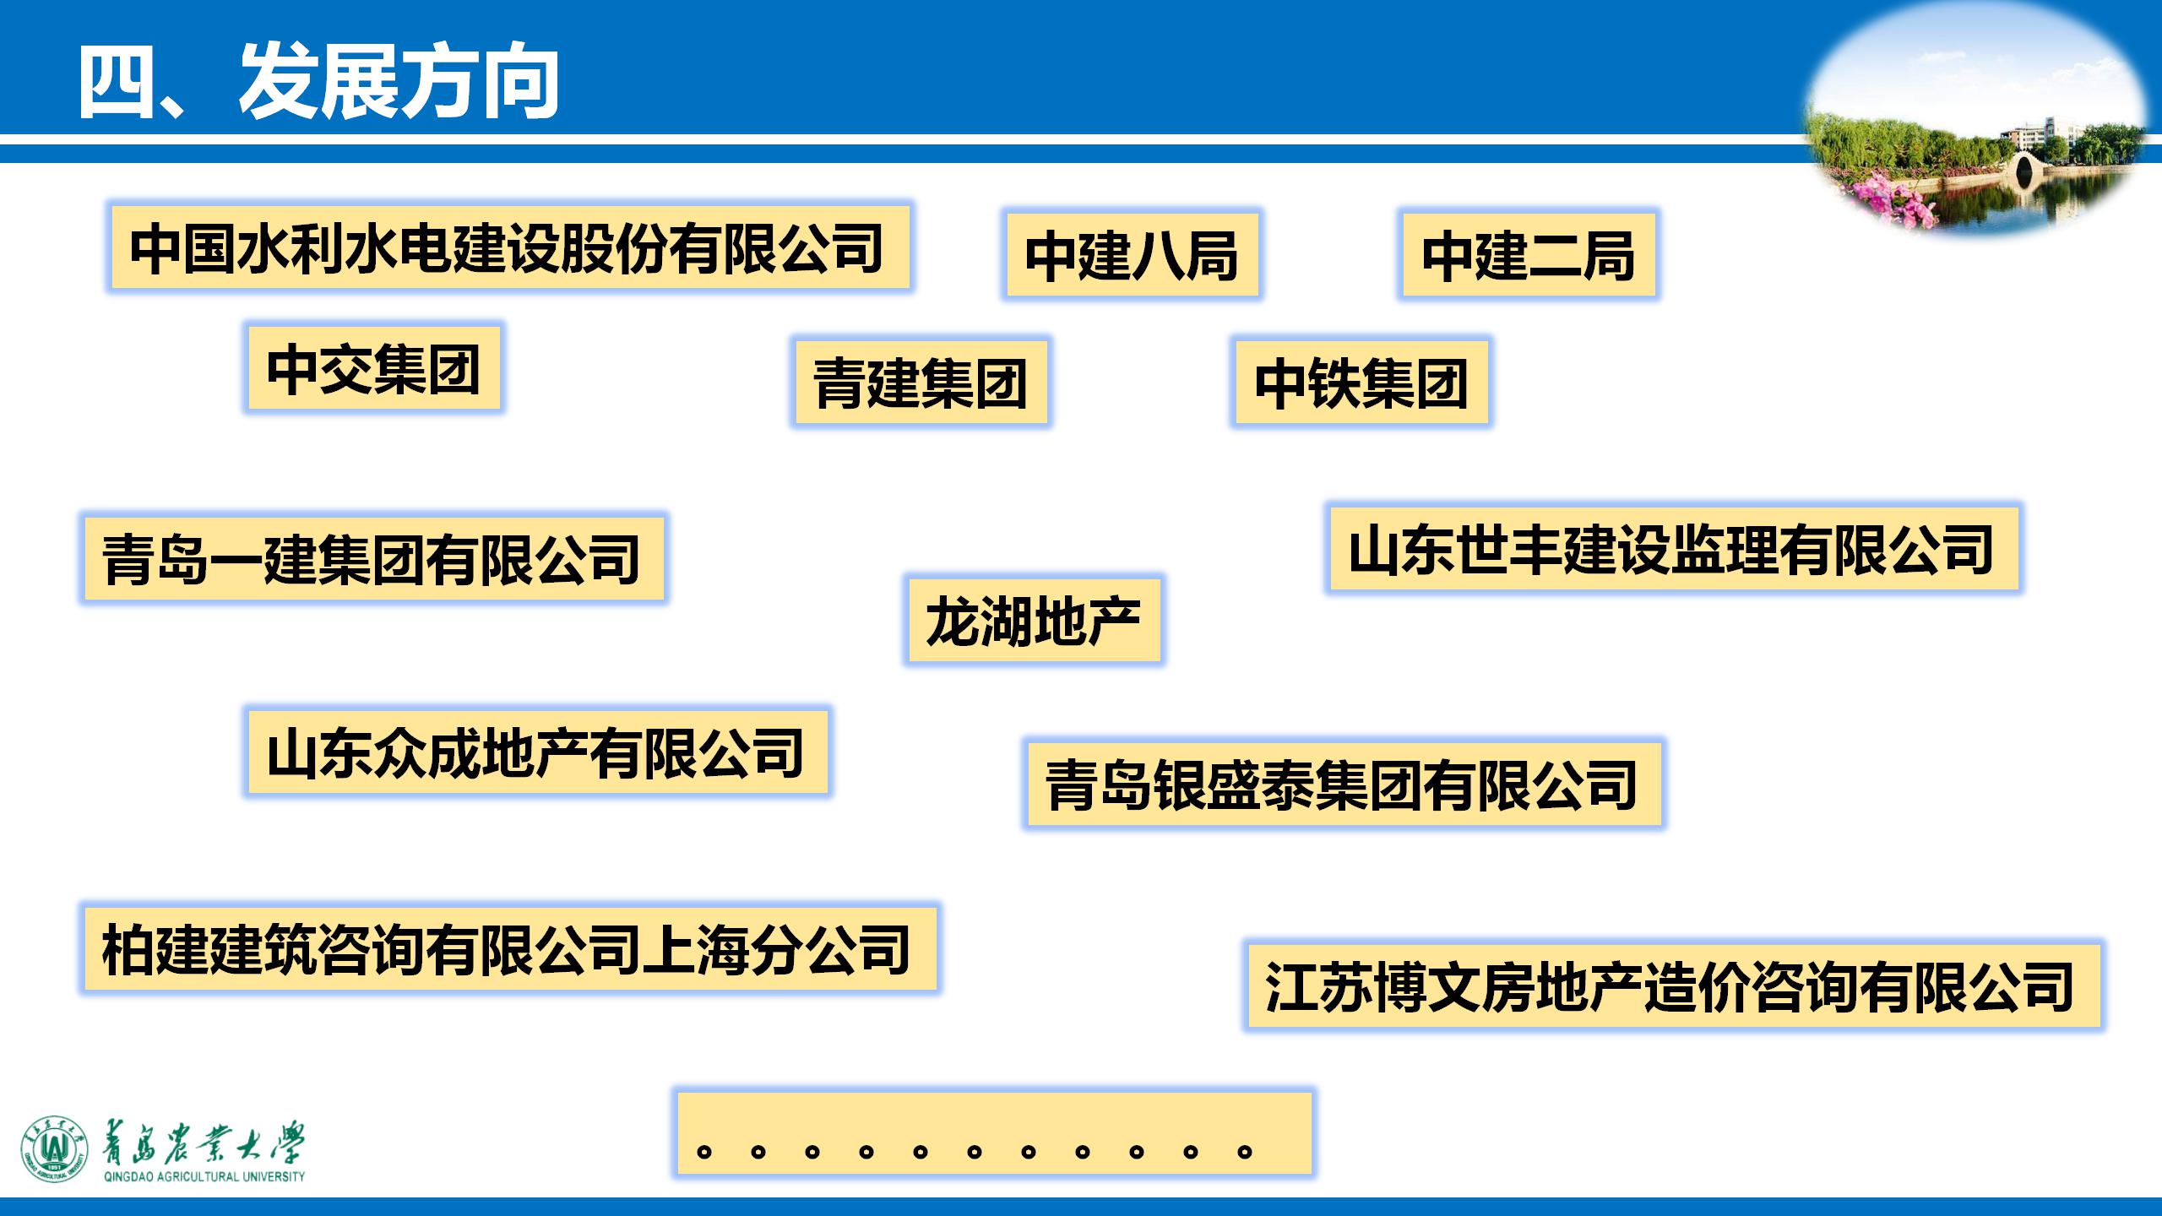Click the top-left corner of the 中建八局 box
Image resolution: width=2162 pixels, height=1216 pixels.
[1006, 213]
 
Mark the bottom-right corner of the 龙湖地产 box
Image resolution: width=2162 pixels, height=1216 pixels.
[1160, 662]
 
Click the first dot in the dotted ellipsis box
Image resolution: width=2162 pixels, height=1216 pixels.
[703, 1151]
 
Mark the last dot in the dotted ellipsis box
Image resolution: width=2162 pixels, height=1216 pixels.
[1244, 1151]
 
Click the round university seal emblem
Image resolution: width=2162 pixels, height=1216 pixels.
[55, 1148]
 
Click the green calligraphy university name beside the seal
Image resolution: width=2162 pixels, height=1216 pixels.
[203, 1143]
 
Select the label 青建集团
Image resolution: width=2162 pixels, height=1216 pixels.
[921, 383]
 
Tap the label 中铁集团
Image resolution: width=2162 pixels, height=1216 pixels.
[1361, 383]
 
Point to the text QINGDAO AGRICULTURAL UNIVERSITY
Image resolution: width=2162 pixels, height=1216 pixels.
[204, 1176]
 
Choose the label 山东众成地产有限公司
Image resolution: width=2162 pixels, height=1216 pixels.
[535, 752]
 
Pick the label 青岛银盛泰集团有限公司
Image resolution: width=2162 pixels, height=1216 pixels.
[1343, 784]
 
